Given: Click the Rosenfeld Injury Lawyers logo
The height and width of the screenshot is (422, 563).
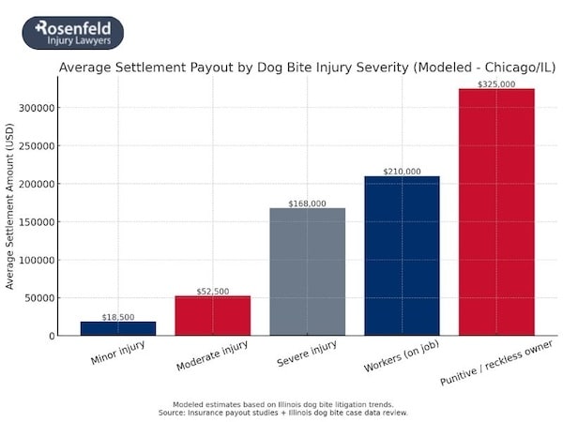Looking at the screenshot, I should (73, 33).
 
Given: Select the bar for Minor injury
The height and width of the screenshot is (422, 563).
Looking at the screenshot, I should (118, 328).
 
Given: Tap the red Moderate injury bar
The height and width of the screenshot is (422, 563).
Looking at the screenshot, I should (213, 315).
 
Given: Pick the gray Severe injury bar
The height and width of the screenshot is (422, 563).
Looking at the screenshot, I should (308, 271).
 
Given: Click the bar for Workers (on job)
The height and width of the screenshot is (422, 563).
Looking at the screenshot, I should (402, 255).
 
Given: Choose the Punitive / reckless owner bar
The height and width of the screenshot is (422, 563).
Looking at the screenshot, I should (496, 212).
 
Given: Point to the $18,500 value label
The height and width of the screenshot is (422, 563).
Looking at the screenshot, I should (118, 318).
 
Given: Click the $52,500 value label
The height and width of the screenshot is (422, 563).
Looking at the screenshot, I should (213, 292).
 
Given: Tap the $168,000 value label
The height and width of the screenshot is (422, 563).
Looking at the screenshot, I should (308, 203).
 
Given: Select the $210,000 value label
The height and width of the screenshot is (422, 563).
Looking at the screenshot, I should (402, 172).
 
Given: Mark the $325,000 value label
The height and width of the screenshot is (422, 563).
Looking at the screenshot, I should (496, 84).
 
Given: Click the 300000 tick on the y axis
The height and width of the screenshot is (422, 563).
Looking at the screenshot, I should (35, 108).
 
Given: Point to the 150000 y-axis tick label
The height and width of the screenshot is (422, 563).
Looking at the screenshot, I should (35, 222).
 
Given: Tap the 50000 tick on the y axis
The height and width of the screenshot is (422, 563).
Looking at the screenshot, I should (38, 298).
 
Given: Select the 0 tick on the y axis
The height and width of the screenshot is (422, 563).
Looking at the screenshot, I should (49, 336).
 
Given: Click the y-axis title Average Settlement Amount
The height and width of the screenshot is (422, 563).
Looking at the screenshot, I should (10, 205).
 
